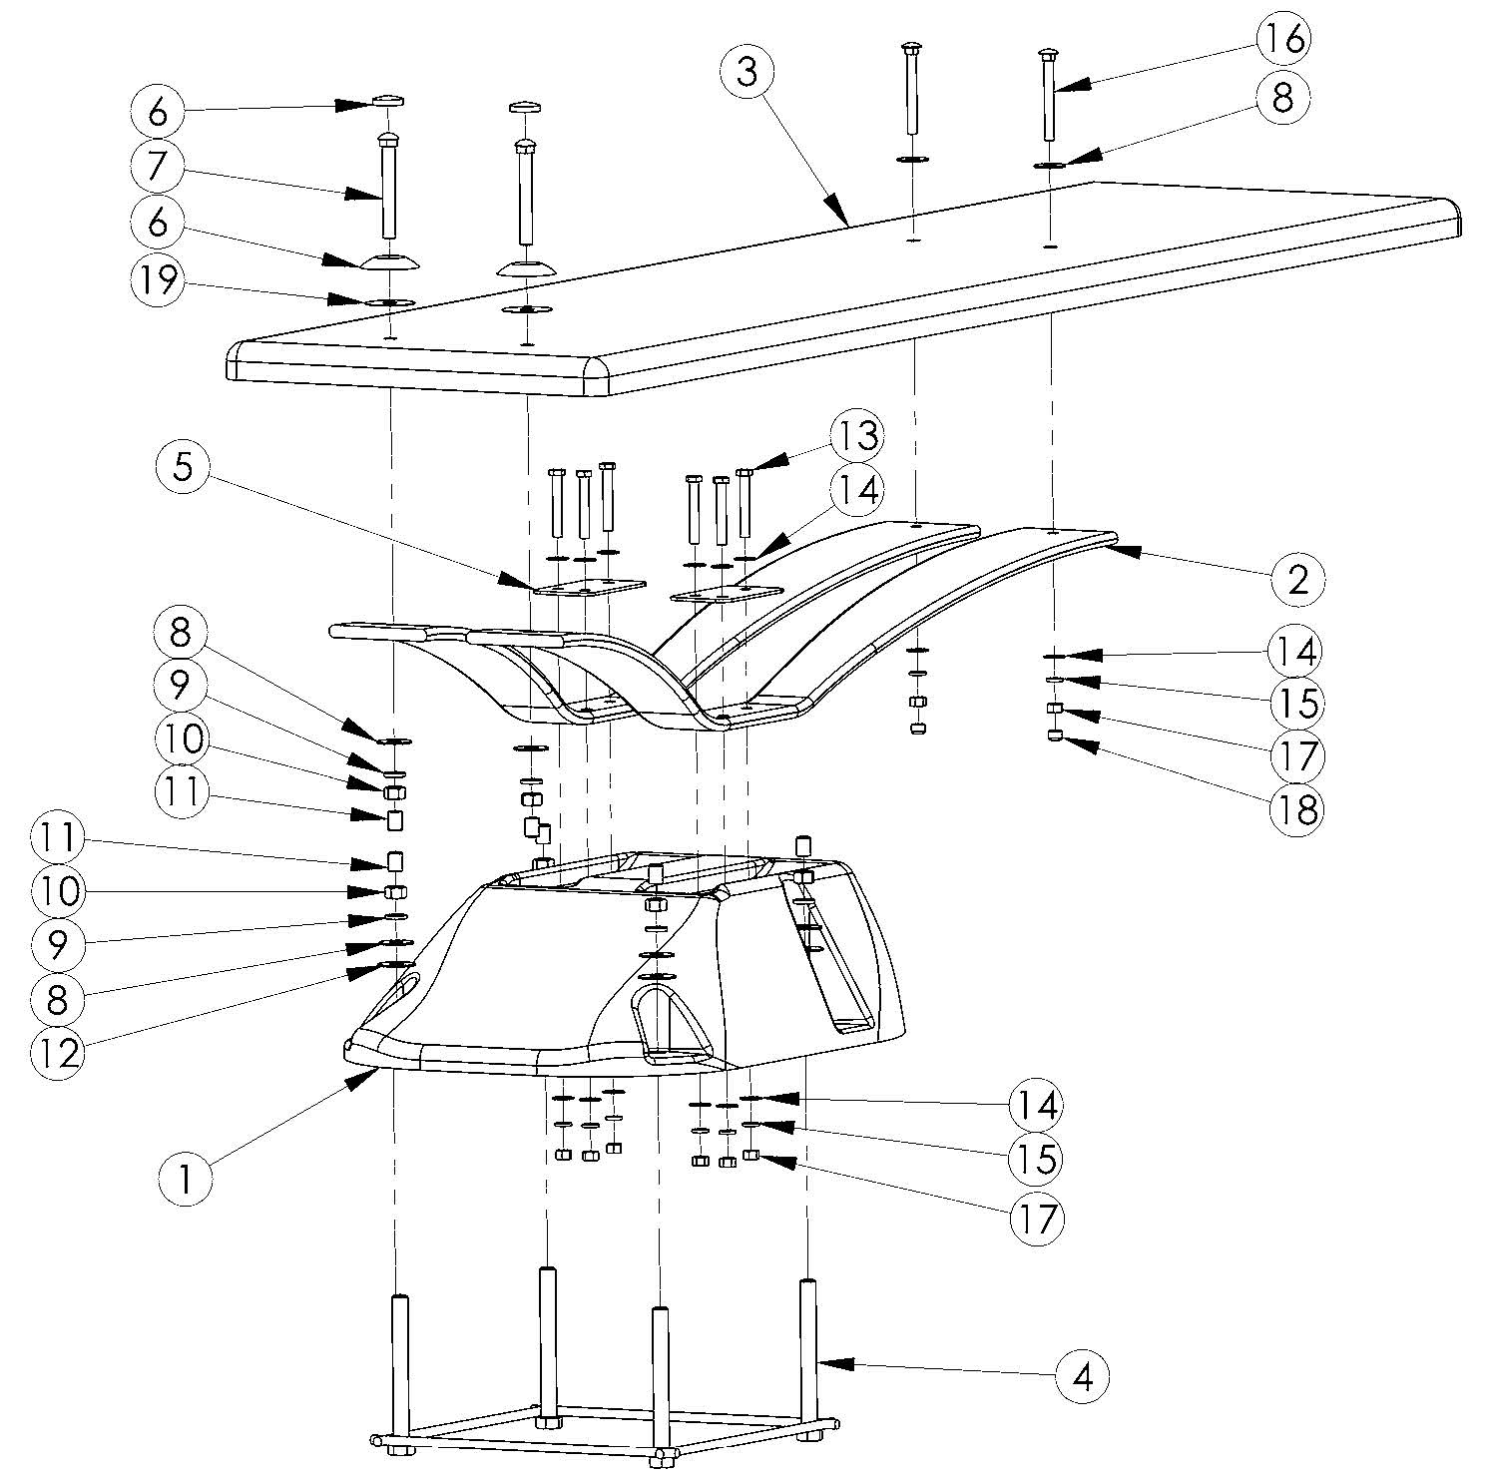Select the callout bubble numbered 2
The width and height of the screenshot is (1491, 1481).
pos(1297,577)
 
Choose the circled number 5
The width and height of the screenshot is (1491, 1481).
pos(183,466)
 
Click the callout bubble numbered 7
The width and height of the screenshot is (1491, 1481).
pos(157,167)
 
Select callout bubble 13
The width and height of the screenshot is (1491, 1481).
pos(859,435)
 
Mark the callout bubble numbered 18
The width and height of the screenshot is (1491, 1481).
pos(1294,807)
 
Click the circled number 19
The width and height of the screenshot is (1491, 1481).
pos(157,280)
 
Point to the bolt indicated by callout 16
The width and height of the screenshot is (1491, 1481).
pos(1049,100)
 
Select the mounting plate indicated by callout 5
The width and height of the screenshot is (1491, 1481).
pos(589,588)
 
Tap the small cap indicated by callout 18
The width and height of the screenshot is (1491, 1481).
pos(1053,737)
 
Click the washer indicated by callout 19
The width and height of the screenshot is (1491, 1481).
pos(391,301)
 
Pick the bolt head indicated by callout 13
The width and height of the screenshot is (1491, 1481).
pos(744,472)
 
